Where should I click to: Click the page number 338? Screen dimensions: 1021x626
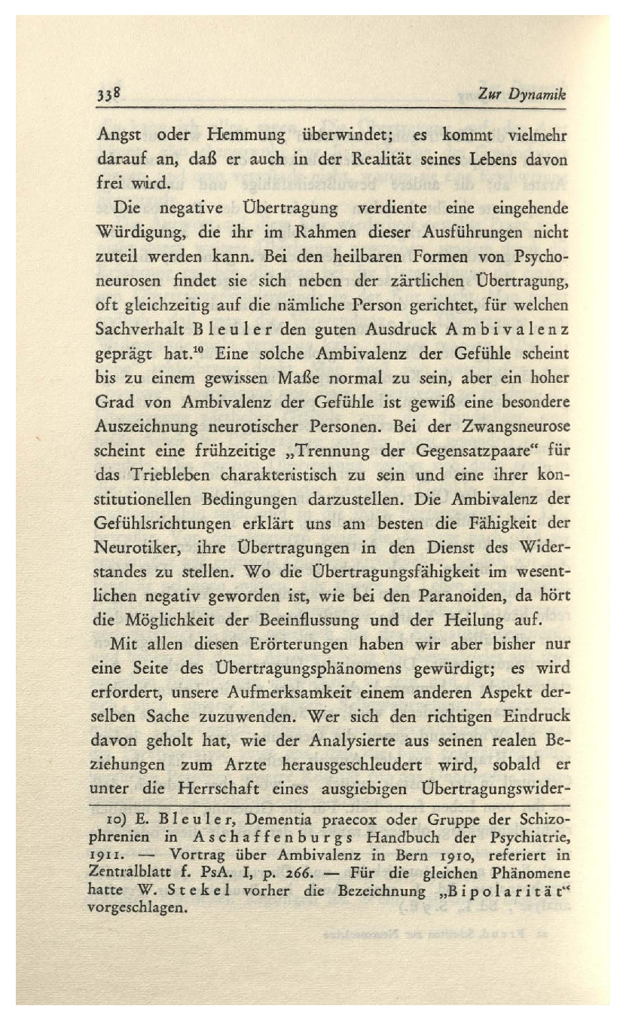pos(110,96)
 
